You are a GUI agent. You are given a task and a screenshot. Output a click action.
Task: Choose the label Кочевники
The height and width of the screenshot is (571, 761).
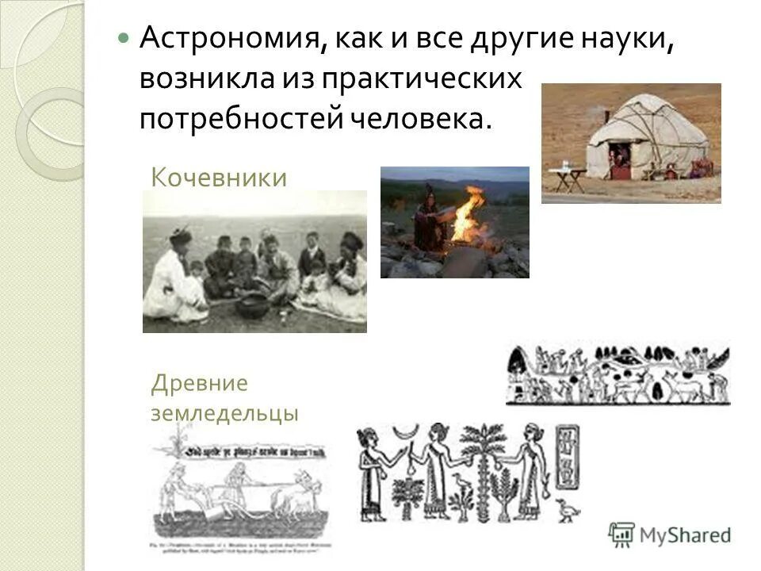(x=218, y=177)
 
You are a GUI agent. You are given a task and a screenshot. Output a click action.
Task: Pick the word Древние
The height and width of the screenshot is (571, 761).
(x=200, y=385)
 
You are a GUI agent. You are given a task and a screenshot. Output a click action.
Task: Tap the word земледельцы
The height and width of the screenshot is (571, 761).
(x=224, y=412)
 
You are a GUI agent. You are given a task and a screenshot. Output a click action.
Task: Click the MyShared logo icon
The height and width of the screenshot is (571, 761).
(x=622, y=535)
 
